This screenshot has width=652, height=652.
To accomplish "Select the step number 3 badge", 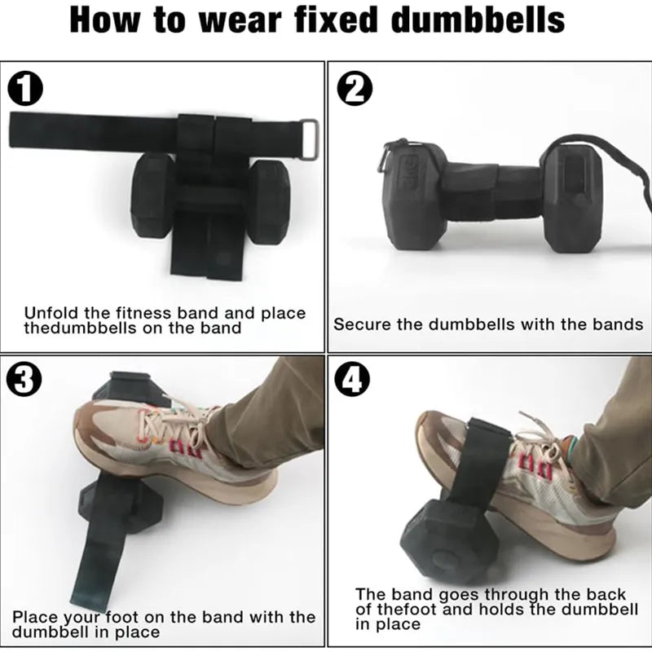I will point(24,380).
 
